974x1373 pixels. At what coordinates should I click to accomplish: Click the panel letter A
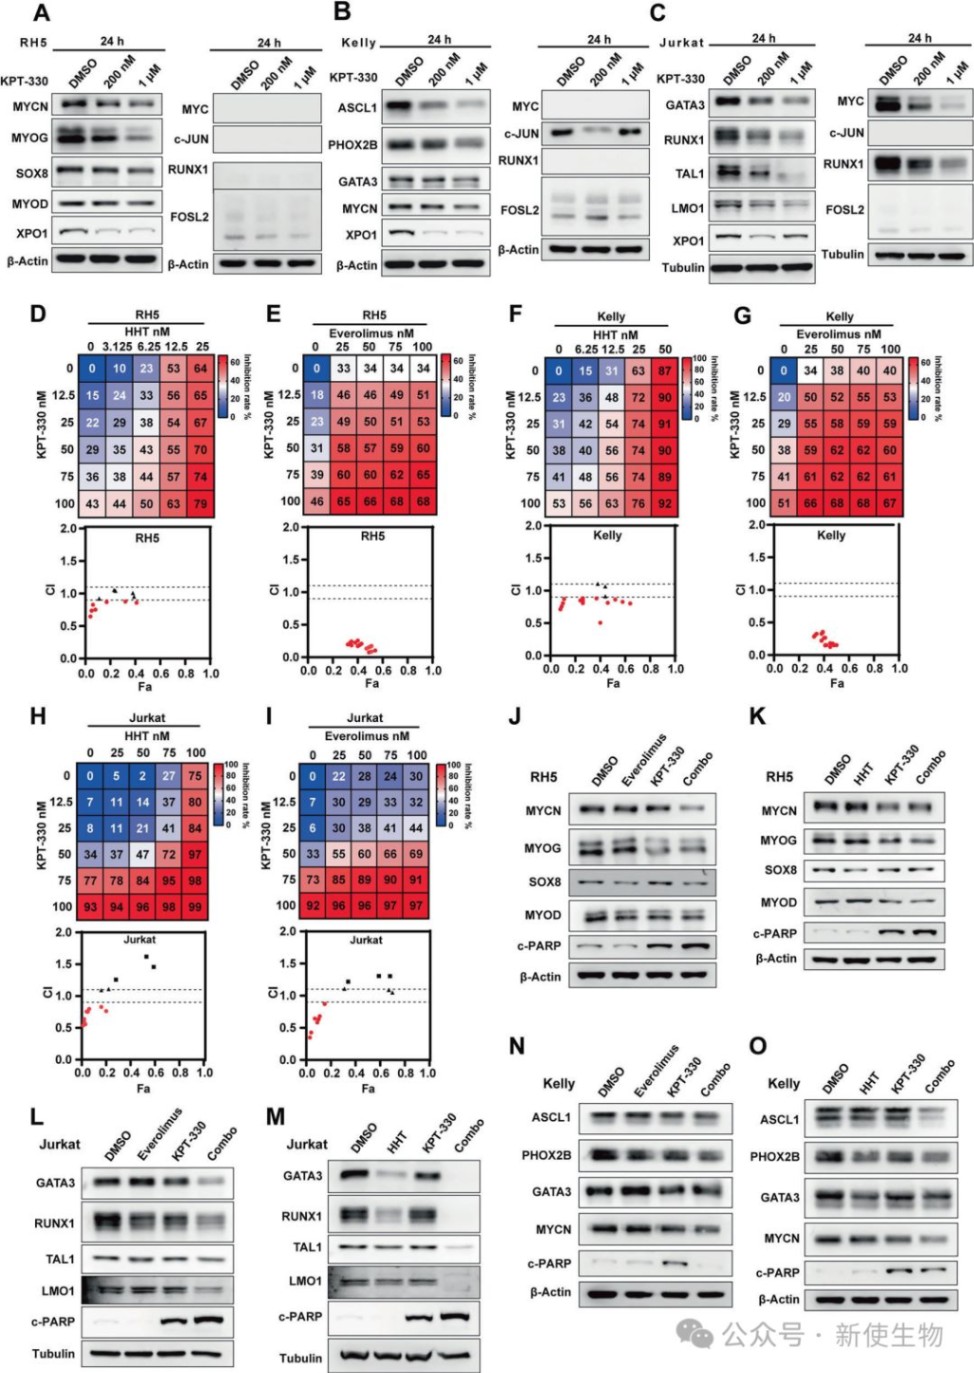click(42, 13)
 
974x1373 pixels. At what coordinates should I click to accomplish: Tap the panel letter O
click(758, 1046)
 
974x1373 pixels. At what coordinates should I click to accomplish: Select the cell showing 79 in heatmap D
click(200, 503)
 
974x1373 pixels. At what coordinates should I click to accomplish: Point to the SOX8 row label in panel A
click(32, 173)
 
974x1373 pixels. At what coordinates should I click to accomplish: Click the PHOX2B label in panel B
click(353, 145)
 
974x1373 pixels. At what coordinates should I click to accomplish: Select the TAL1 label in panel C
click(689, 174)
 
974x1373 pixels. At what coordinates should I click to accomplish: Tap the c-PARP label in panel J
click(539, 946)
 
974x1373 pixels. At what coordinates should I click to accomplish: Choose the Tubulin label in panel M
click(301, 1358)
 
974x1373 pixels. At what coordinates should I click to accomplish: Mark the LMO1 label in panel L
click(57, 1291)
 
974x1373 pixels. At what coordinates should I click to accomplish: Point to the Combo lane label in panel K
click(929, 768)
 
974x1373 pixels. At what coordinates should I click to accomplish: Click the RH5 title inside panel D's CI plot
click(147, 538)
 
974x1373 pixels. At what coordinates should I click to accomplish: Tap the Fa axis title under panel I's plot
click(368, 1088)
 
